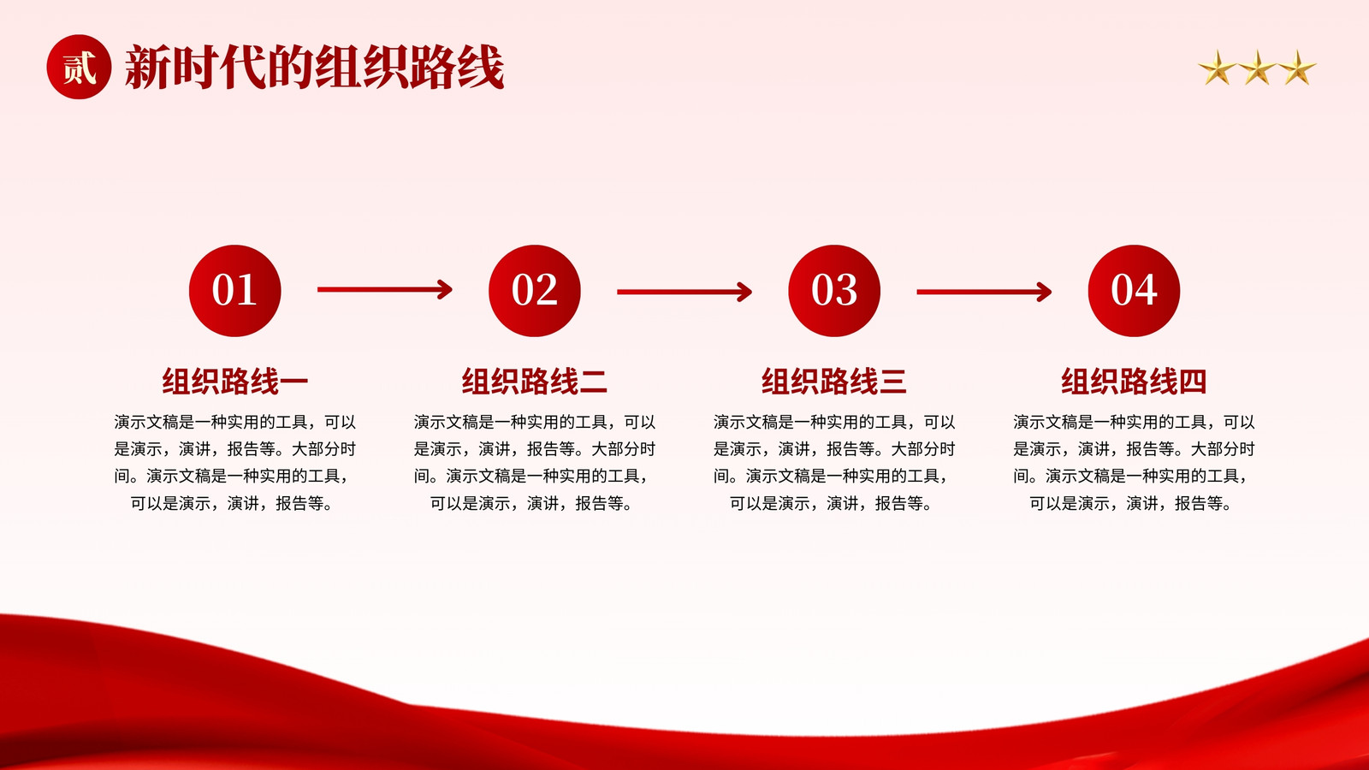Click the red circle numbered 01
tap(234, 291)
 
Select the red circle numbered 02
tap(535, 291)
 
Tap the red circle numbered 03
tap(834, 291)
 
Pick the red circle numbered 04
tap(1135, 291)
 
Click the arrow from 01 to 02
tap(385, 290)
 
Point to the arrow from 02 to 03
tap(684, 292)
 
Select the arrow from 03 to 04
tap(984, 292)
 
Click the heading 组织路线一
tap(234, 382)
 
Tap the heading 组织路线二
tap(535, 382)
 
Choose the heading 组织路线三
tap(834, 382)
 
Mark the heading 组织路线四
tap(1135, 382)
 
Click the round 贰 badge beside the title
tap(79, 67)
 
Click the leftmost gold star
tap(1217, 68)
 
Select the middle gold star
tap(1257, 68)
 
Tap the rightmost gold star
tap(1297, 68)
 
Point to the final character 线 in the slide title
tap(482, 68)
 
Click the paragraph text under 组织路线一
tap(234, 463)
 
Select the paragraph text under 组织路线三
tap(834, 463)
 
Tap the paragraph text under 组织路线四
tap(1135, 463)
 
